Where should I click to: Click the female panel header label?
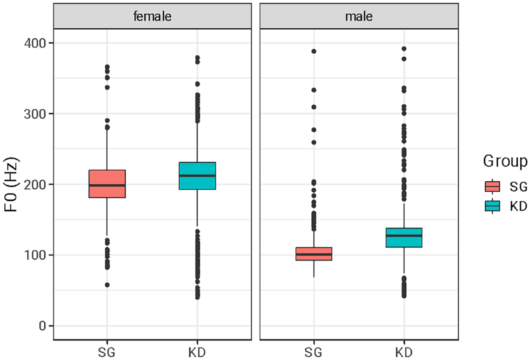tap(152, 16)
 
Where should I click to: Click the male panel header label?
tap(359, 16)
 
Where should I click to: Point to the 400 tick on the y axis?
tap(35, 43)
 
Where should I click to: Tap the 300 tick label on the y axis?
tap(35, 114)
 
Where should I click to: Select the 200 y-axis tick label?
tap(35, 185)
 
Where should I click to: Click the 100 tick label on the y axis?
tap(35, 255)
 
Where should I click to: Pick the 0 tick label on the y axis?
tap(43, 326)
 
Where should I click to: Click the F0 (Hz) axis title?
tap(11, 184)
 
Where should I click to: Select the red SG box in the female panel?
tap(107, 184)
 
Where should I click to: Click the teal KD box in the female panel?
tap(197, 176)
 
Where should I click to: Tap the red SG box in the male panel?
tap(314, 254)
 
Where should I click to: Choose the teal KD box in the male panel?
tap(404, 238)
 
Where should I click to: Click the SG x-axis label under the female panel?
tap(107, 353)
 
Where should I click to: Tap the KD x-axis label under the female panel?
tap(197, 353)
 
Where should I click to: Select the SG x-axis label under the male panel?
tap(313, 353)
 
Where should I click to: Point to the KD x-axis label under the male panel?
tap(404, 353)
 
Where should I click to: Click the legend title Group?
tap(505, 162)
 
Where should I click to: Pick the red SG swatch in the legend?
tap(493, 186)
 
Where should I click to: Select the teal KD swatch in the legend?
tap(493, 206)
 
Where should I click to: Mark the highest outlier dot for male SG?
tap(314, 52)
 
